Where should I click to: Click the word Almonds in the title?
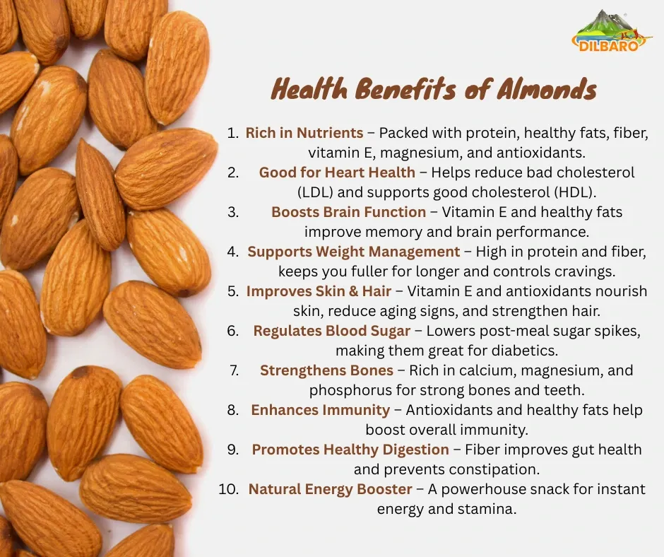tap(547, 90)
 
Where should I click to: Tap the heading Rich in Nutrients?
tap(304, 133)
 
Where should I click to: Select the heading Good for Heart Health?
tap(337, 172)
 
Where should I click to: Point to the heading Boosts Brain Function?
tap(348, 212)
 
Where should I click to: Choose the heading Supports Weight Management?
tap(354, 252)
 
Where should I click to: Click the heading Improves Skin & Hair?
tap(319, 291)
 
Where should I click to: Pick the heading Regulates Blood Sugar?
tap(331, 331)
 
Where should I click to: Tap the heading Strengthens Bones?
tap(326, 370)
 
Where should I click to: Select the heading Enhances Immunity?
tap(320, 410)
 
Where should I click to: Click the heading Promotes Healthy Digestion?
tap(350, 450)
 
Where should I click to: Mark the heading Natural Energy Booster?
tap(330, 489)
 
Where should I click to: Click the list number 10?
tap(229, 489)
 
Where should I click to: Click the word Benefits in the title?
tap(405, 90)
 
